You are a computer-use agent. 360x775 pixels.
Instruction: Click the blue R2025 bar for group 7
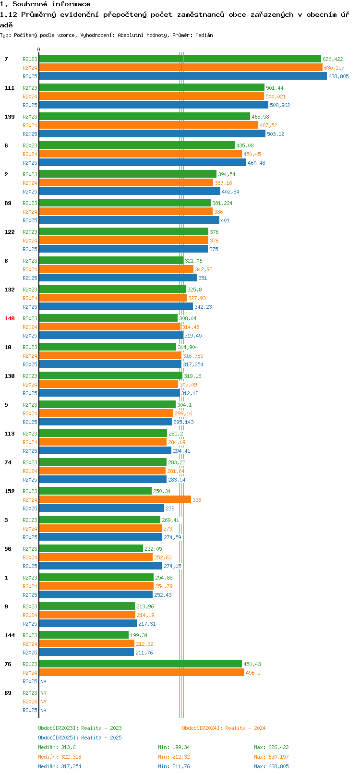click(x=182, y=76)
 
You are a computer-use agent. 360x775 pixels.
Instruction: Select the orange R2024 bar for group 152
click(x=115, y=500)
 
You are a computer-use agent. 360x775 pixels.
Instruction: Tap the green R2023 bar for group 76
click(x=140, y=664)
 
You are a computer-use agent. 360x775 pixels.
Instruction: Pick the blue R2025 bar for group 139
click(x=152, y=134)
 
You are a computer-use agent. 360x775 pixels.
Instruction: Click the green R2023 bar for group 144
click(x=84, y=635)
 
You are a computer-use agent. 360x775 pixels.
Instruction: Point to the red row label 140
click(x=10, y=318)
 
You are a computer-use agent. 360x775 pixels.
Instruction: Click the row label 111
click(x=10, y=88)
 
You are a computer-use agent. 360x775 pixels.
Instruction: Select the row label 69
click(x=8, y=693)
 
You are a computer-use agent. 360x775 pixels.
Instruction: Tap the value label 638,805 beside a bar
click(x=338, y=76)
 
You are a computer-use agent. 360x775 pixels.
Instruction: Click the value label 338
click(x=197, y=500)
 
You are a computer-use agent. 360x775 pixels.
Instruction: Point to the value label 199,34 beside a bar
click(x=139, y=635)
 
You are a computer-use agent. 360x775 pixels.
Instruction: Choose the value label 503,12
click(x=276, y=134)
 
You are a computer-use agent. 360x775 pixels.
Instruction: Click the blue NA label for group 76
click(x=43, y=681)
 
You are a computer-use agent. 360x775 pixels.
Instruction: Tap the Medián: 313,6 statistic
click(x=57, y=747)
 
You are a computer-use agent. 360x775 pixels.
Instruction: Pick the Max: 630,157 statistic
click(x=271, y=757)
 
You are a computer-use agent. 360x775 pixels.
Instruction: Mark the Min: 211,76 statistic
click(x=174, y=766)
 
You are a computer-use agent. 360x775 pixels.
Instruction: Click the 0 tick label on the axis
click(x=39, y=49)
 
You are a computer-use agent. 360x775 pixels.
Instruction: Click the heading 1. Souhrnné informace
click(x=45, y=4)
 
